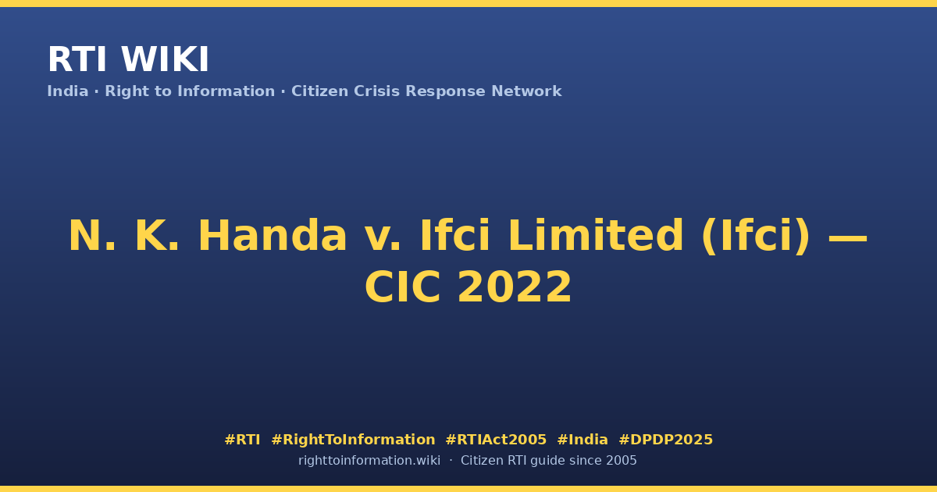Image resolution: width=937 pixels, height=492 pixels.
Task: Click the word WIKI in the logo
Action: (x=165, y=59)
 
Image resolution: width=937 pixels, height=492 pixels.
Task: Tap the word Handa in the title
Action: (x=273, y=236)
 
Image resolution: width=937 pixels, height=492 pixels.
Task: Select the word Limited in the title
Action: (x=596, y=236)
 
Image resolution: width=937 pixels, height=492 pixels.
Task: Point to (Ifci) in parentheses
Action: (x=757, y=237)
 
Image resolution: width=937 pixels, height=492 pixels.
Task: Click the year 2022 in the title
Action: (x=515, y=287)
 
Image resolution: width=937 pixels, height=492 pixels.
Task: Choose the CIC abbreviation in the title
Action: (x=403, y=287)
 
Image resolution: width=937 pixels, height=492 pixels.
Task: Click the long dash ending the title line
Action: (x=848, y=238)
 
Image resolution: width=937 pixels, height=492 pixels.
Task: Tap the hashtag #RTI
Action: (x=242, y=440)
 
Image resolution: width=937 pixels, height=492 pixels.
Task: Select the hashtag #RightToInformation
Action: (x=353, y=440)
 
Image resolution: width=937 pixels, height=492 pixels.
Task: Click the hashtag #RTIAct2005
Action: (x=496, y=440)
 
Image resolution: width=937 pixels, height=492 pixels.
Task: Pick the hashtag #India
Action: (x=583, y=440)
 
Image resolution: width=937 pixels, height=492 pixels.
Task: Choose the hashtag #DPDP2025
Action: (x=665, y=440)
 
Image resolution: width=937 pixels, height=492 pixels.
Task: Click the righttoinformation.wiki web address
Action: (x=369, y=461)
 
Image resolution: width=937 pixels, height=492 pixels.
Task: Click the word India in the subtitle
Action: (x=68, y=91)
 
